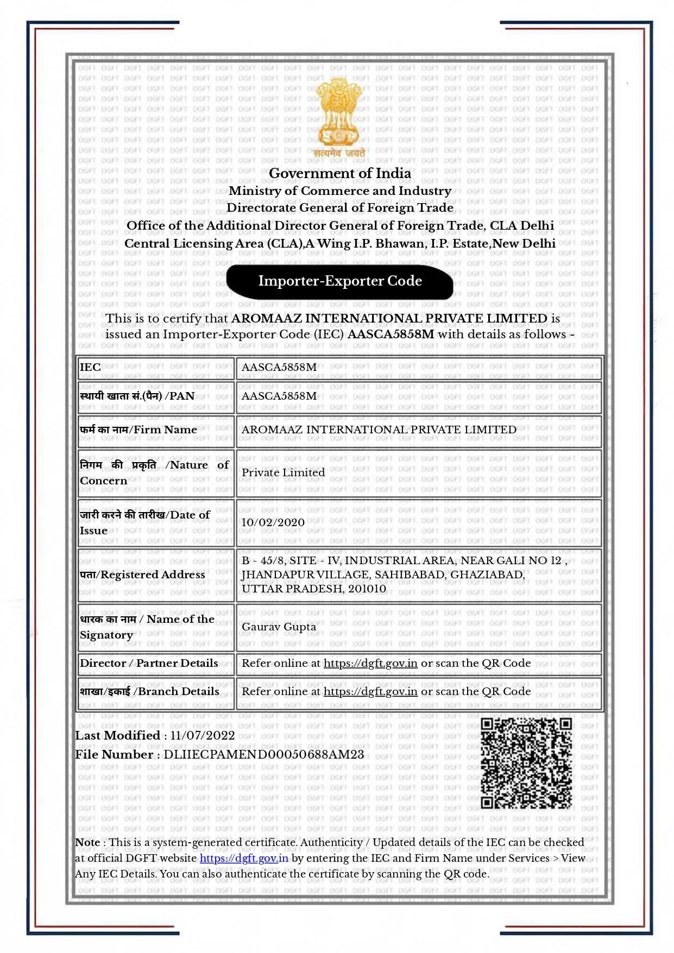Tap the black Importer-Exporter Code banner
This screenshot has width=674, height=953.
[x=340, y=281]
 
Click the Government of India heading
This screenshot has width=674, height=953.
[x=340, y=173]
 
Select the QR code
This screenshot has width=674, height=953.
[x=526, y=762]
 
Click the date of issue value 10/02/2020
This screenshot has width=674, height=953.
[x=273, y=522]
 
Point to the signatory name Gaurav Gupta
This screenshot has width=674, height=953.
[x=279, y=627]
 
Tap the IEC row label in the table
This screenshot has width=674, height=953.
[x=90, y=367]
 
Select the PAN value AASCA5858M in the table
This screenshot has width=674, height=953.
[x=279, y=396]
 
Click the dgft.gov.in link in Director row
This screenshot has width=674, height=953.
[x=370, y=663]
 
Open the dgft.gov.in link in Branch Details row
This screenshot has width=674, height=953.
[x=370, y=691]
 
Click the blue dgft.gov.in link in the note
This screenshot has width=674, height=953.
[x=244, y=858]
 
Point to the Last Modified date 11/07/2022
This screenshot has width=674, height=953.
[x=202, y=735]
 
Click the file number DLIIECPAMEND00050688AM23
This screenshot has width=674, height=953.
[x=263, y=754]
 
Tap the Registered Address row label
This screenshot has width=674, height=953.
[x=142, y=575]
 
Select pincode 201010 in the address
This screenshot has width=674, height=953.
[x=367, y=589]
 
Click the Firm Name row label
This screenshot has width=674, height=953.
[x=138, y=430]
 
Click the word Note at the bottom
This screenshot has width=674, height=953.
[x=87, y=842]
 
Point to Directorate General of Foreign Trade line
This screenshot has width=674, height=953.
[x=340, y=207]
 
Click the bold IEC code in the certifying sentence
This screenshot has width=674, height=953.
[x=390, y=334]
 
